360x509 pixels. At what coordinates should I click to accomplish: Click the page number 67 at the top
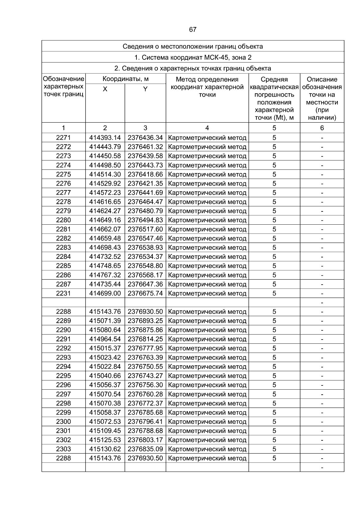[x=193, y=29]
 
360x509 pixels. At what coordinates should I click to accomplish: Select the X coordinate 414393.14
[x=105, y=138]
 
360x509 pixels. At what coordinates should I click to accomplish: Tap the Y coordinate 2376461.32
[x=145, y=147]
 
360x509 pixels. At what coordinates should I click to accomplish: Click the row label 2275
[x=63, y=174]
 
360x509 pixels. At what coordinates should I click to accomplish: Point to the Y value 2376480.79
[x=145, y=211]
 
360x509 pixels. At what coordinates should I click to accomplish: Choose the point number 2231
[x=63, y=293]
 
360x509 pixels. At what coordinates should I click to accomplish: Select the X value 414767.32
[x=105, y=275]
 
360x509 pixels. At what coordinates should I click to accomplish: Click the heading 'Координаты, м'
[x=126, y=79]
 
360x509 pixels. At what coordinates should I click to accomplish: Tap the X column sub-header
[x=105, y=89]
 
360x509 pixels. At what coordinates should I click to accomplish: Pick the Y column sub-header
[x=145, y=89]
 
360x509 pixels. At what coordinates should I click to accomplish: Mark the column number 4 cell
[x=207, y=128]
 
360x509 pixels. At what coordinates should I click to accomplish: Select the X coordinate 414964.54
[x=105, y=339]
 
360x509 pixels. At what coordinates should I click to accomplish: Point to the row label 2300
[x=63, y=422]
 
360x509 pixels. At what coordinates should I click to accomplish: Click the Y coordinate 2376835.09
[x=145, y=449]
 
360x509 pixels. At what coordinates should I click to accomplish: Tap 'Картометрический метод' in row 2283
[x=207, y=248]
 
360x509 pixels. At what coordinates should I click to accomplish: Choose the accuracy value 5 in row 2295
[x=274, y=376]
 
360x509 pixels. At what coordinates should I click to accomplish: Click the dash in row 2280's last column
[x=322, y=220]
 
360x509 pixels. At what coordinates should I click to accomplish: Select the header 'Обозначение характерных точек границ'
[x=63, y=87]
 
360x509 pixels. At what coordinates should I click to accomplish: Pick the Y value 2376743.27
[x=145, y=376]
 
